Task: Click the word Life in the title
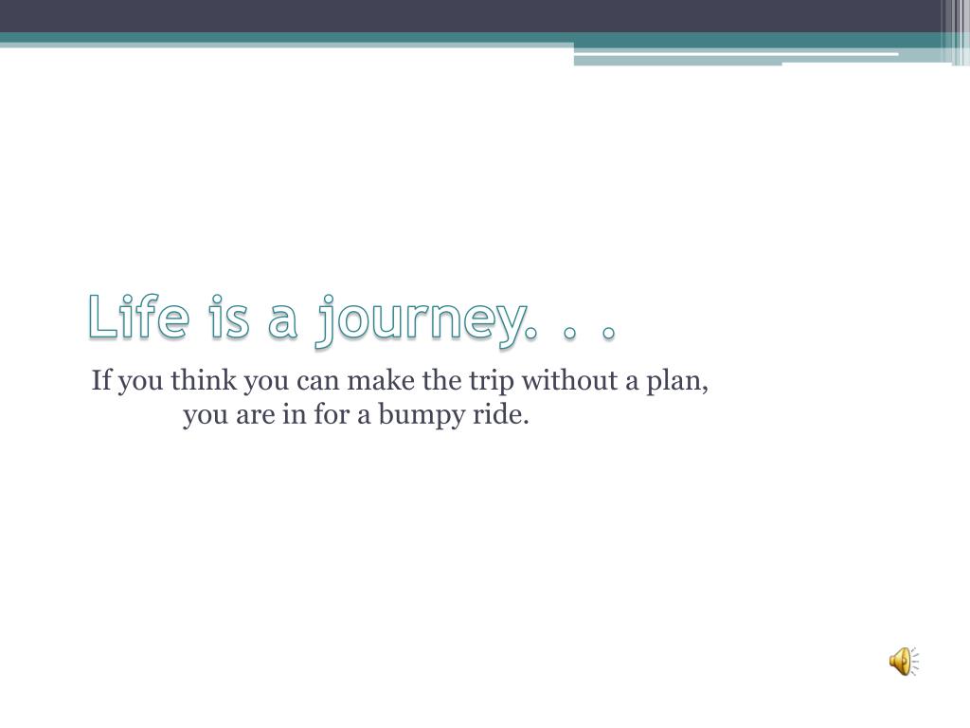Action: [138, 317]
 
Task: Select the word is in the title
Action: [229, 317]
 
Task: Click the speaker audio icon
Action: [904, 661]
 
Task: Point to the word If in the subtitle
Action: [101, 379]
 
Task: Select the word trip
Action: [492, 382]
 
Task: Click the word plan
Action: [677, 382]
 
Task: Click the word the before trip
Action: [441, 379]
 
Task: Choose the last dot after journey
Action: [609, 333]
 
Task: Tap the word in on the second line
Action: [295, 413]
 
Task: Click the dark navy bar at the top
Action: [470, 16]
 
